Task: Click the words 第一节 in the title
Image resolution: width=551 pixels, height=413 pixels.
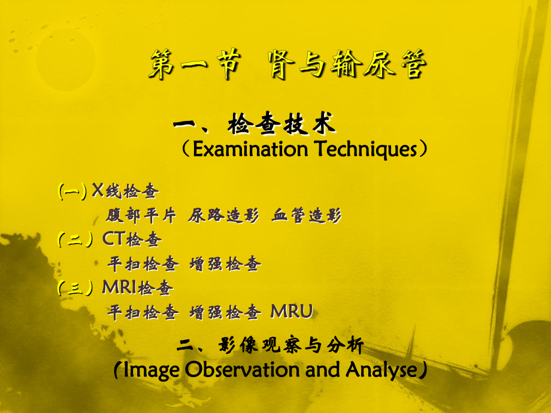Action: coord(190,65)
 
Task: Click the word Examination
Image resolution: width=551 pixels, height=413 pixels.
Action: coord(250,149)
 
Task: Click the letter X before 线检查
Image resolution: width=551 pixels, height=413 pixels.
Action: coord(98,190)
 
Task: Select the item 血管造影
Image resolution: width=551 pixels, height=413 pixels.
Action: coord(307,215)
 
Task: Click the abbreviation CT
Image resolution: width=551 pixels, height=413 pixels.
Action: coord(113,239)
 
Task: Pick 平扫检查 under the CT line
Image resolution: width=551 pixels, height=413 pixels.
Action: coord(142,264)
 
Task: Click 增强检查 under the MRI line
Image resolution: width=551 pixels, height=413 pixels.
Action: coord(225,312)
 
